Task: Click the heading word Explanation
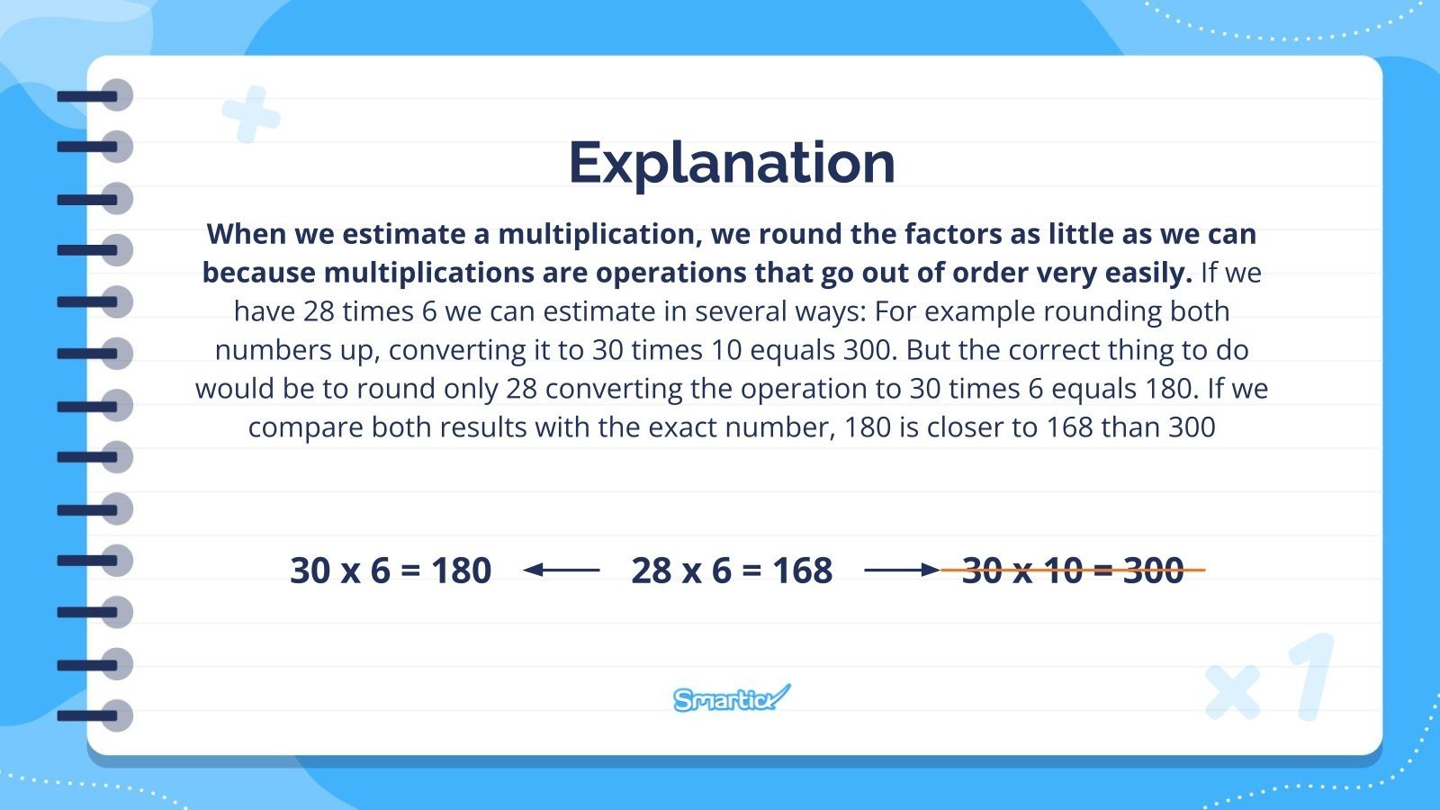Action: coord(732,163)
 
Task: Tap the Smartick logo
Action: coord(731,698)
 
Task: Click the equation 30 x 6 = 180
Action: coord(391,571)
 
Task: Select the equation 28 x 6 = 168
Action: coord(732,571)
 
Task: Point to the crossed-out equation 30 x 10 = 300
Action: coord(1072,571)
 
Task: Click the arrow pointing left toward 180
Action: coord(561,570)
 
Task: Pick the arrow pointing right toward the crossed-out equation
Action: coord(901,570)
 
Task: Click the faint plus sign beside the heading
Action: coord(251,114)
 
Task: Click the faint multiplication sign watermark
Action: coord(1233,692)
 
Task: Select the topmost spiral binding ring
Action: coord(95,95)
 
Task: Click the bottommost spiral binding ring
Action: coord(95,716)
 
